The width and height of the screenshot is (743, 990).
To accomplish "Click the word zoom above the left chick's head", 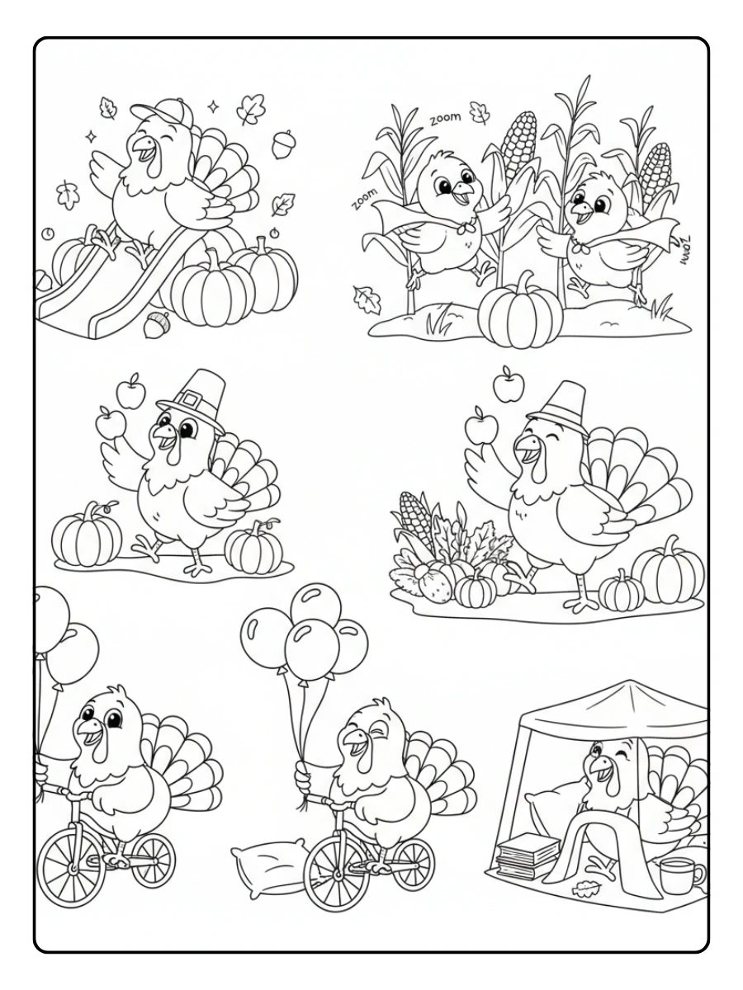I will click(445, 119).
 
